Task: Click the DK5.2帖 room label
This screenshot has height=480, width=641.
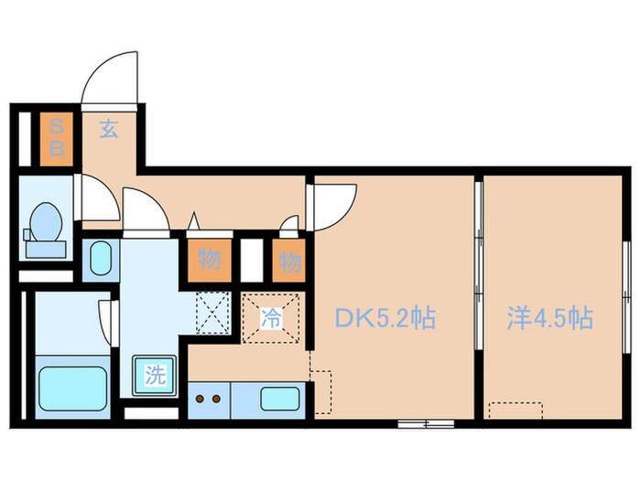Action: coord(383,319)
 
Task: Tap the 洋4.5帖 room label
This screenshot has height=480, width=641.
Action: coord(549,319)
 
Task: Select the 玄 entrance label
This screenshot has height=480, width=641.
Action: coord(108,131)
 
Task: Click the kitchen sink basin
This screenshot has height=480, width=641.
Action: coord(277,399)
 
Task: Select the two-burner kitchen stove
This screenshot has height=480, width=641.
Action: coord(209,399)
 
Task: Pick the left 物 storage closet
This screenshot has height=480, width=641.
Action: coord(210,261)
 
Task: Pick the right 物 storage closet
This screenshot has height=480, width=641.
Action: coord(289,262)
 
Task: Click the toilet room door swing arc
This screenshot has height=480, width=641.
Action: coord(96,196)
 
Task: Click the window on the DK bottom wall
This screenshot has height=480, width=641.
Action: coord(427,422)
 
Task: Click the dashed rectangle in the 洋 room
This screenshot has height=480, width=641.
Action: coord(516,410)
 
